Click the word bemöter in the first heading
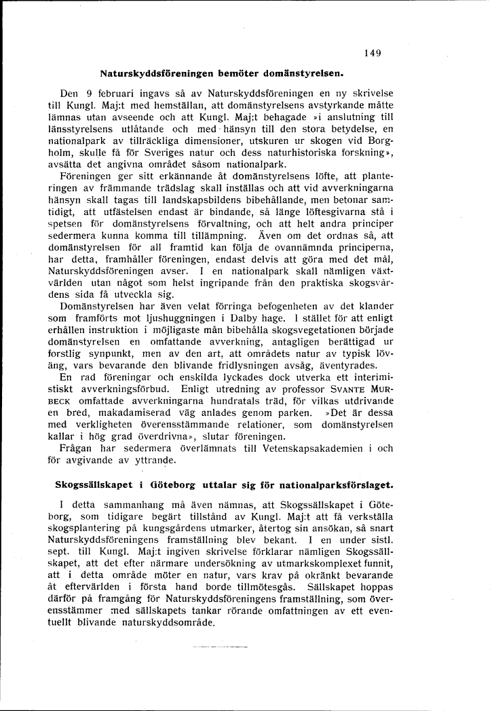(x=231, y=71)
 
